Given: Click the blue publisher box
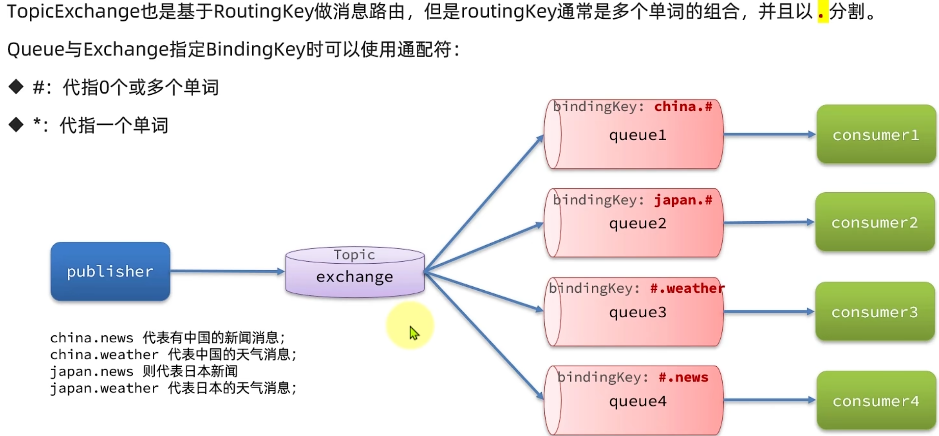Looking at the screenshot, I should coord(110,271).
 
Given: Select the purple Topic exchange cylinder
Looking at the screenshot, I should coord(355,272).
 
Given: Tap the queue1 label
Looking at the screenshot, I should coord(638,135).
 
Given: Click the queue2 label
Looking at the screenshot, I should coord(638,223).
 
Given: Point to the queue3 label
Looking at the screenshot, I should coord(638,312).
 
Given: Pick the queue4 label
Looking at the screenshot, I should coord(638,401).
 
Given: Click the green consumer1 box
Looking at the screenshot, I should coord(876,135).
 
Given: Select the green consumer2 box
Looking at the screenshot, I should coord(875,222).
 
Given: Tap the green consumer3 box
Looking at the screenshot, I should coord(875,312).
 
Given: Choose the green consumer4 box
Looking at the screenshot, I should coord(876,401).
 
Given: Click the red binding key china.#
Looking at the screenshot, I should coord(683,107).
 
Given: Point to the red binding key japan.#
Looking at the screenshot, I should coord(683,200).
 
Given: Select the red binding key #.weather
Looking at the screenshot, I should coord(687,288).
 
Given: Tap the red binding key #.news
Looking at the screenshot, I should coord(683,377).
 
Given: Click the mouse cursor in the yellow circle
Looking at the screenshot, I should coord(414,333).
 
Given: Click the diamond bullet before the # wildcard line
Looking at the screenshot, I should coord(16,86).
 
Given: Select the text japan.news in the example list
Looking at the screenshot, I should coord(91,371).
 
